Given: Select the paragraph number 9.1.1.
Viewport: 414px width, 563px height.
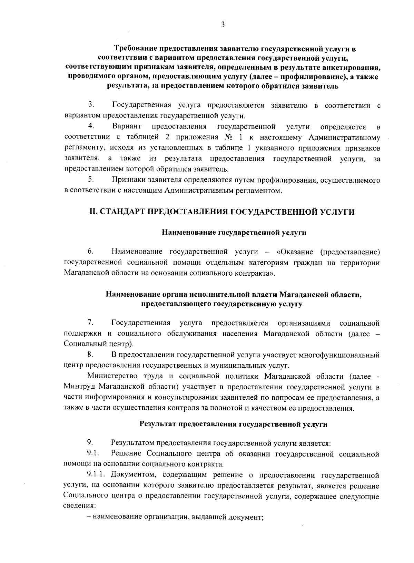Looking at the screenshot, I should [99, 475].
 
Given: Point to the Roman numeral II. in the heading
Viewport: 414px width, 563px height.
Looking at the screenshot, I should [94, 212].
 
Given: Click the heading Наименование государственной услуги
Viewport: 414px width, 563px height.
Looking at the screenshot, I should [234, 233].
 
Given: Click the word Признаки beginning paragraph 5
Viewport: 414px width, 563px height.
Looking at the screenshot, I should [129, 180].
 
